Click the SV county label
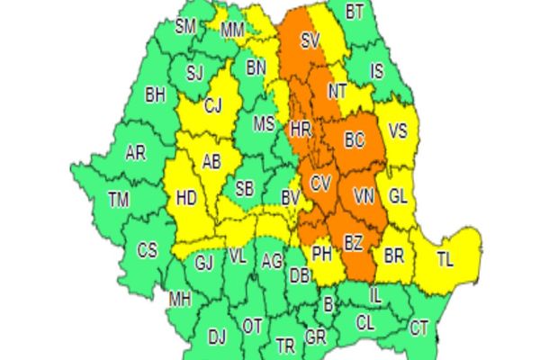[310, 40]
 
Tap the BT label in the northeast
[355, 12]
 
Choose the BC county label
[354, 140]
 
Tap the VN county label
[363, 195]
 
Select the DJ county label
[217, 337]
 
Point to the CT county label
[418, 328]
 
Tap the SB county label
[244, 189]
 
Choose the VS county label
[397, 130]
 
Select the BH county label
[156, 94]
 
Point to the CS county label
[148, 249]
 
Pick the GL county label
[399, 196]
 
